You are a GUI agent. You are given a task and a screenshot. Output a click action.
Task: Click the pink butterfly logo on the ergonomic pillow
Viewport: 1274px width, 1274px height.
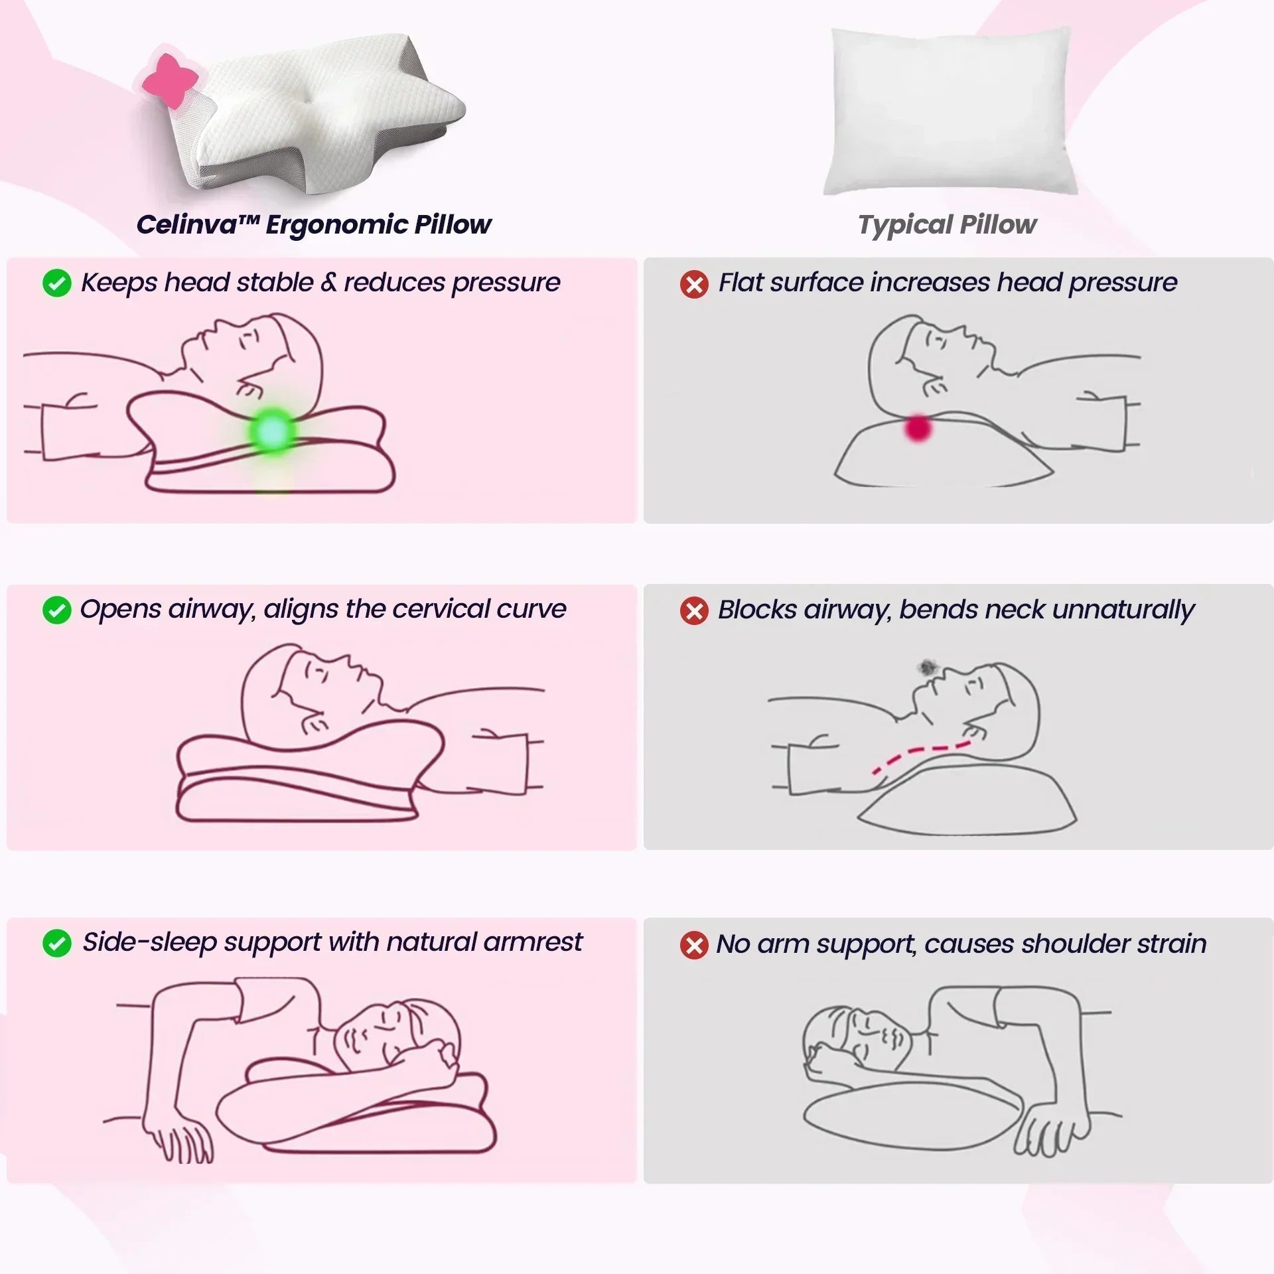169,80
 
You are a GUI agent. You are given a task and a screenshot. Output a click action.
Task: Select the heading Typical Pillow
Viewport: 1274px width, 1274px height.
947,226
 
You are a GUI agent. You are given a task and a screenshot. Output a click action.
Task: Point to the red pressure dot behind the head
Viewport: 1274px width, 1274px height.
918,429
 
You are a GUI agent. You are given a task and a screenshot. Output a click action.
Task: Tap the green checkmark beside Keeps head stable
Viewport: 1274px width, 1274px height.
57,283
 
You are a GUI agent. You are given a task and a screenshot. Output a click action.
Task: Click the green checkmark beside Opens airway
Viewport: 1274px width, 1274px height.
57,610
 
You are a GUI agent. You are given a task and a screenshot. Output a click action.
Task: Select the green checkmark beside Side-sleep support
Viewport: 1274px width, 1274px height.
57,943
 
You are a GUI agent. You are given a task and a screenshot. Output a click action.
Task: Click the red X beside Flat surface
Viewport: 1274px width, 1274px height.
694,284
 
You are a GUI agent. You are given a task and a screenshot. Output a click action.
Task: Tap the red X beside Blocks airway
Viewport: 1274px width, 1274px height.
694,610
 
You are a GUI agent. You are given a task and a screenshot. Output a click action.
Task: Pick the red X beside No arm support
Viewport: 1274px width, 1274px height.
694,945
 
